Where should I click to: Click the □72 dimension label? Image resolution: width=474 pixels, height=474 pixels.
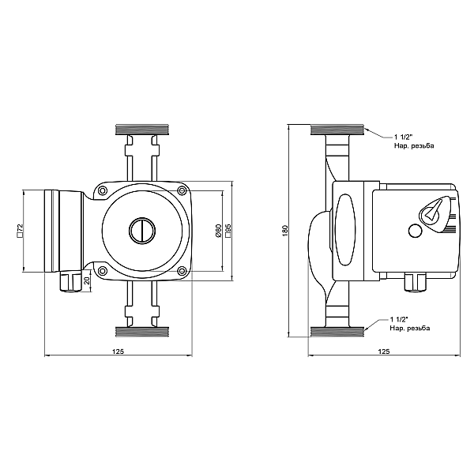[x=18, y=230]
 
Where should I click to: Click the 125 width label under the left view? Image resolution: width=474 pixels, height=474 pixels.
[x=117, y=350]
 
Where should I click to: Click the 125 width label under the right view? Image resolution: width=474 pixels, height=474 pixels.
[x=384, y=350]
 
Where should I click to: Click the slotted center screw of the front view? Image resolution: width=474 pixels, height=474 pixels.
[x=142, y=231]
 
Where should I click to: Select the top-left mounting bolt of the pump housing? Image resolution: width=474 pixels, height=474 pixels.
[x=103, y=191]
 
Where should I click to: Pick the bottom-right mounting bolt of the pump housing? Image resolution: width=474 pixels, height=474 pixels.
[x=182, y=272]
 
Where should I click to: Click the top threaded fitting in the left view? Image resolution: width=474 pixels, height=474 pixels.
[x=141, y=130]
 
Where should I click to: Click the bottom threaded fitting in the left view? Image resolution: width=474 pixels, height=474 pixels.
[x=141, y=331]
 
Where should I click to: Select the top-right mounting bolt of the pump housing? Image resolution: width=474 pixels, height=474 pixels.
[x=182, y=191]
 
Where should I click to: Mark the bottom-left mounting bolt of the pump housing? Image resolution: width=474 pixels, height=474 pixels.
[x=103, y=272]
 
